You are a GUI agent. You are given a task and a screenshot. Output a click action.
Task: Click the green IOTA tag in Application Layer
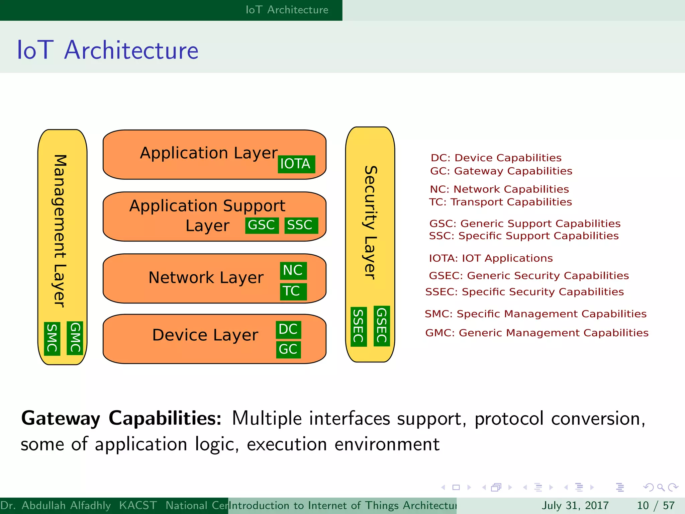[x=296, y=164]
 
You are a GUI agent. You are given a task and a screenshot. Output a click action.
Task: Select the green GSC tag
[x=262, y=225]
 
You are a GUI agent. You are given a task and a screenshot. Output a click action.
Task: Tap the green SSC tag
[x=300, y=225]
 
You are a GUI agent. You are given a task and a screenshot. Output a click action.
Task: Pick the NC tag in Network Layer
[x=293, y=270]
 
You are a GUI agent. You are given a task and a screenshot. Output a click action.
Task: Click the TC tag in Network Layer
[x=292, y=291]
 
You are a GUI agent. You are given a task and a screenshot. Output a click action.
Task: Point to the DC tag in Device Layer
[x=288, y=329]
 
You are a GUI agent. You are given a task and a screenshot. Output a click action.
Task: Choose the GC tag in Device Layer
[x=288, y=349]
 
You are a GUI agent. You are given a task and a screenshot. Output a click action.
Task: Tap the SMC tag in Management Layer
[x=52, y=338]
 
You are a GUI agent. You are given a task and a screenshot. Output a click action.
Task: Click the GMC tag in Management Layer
[x=75, y=338]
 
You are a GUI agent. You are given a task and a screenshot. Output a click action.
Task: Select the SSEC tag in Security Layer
[x=358, y=326]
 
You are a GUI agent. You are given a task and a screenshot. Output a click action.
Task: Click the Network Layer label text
[x=206, y=278]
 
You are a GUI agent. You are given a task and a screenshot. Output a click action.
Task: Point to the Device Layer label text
[x=205, y=335]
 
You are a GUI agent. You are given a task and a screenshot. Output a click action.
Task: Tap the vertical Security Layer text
[x=370, y=223]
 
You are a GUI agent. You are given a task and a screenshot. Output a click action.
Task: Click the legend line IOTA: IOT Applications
[x=491, y=258]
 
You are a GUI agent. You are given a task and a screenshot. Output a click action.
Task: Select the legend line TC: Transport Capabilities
[x=500, y=202]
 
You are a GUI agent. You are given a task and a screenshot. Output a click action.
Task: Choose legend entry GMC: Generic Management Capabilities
[x=536, y=333]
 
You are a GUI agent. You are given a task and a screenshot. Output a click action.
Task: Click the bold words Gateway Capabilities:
[x=121, y=419]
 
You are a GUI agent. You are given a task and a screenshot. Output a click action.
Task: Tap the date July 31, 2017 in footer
[x=575, y=505]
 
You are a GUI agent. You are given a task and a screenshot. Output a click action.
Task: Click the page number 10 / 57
[x=656, y=505]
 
